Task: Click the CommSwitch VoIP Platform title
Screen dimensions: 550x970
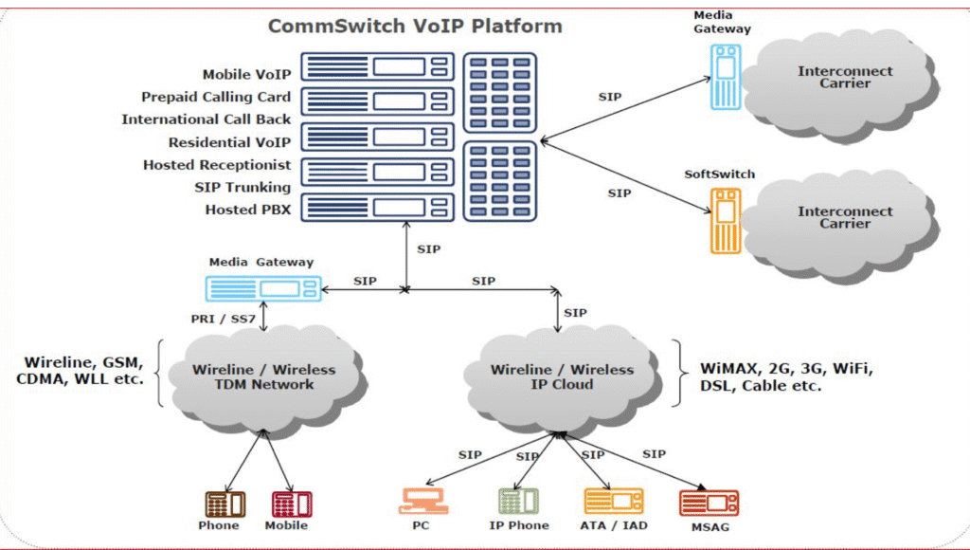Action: coord(415,26)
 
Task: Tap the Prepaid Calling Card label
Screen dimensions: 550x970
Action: coord(216,97)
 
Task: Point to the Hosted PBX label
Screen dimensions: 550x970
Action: coord(248,210)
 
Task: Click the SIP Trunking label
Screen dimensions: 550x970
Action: coord(242,187)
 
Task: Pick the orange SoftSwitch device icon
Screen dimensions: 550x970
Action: coord(723,219)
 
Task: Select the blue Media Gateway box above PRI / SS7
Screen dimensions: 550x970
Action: coord(262,288)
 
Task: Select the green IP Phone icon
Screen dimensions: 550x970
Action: coord(519,501)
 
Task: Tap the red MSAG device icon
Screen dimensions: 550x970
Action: coord(709,503)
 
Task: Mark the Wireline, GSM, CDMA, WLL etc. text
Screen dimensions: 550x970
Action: coord(83,371)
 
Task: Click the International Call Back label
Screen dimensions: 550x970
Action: coord(206,119)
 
